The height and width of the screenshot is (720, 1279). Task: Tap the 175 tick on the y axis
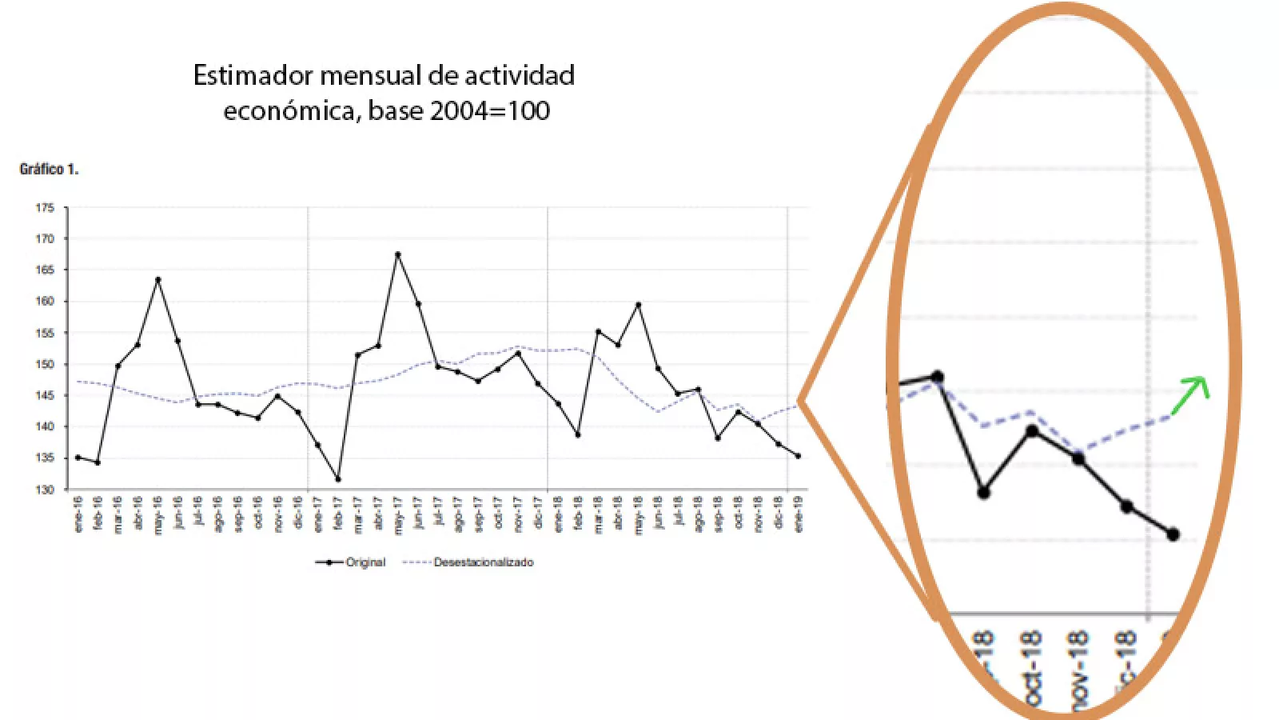pyautogui.click(x=45, y=208)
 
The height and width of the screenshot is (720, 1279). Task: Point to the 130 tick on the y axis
pyautogui.click(x=45, y=490)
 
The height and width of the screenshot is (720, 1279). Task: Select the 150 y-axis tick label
pyautogui.click(x=45, y=364)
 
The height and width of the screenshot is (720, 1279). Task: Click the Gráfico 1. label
pyautogui.click(x=49, y=170)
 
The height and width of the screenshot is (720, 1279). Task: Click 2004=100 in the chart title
pyautogui.click(x=489, y=110)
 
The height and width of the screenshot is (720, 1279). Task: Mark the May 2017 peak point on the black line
pyautogui.click(x=397, y=254)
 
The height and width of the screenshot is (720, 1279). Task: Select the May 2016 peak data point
pyautogui.click(x=157, y=280)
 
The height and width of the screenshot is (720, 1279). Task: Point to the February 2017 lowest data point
pyautogui.click(x=338, y=479)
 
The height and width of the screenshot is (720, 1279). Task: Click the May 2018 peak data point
pyautogui.click(x=638, y=305)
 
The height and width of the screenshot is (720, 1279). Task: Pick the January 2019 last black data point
pyautogui.click(x=798, y=456)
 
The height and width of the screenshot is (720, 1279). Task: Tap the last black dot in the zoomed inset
pyautogui.click(x=1173, y=534)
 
